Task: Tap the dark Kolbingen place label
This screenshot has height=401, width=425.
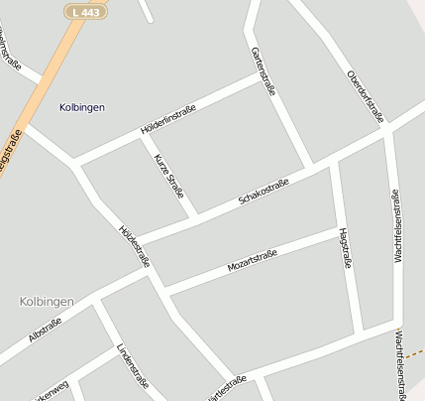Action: tap(82, 106)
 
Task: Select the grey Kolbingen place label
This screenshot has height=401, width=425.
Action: tap(46, 300)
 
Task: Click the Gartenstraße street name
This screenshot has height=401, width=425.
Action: tap(264, 71)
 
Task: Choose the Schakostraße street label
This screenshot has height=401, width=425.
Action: tap(264, 193)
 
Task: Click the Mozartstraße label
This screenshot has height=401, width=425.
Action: tap(252, 261)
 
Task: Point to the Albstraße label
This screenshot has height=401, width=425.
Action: tap(46, 332)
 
